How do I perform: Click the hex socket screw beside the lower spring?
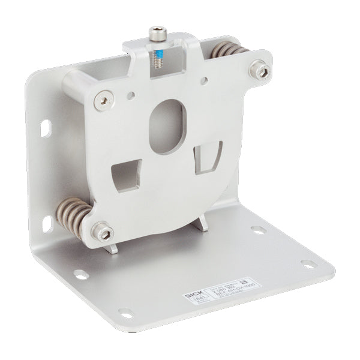click(x=102, y=230)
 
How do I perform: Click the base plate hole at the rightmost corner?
click(x=307, y=264)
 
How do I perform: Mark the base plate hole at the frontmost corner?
click(x=125, y=312)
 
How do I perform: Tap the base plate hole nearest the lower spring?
click(x=79, y=274)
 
